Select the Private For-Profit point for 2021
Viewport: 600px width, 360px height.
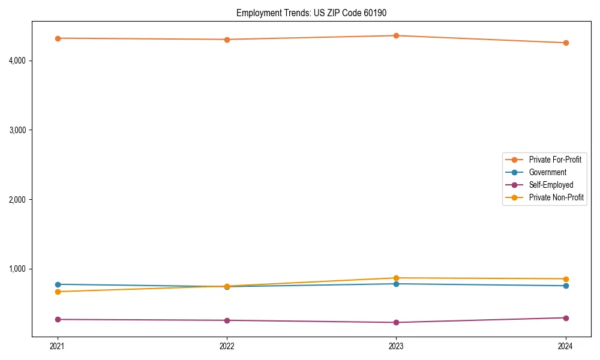click(58, 38)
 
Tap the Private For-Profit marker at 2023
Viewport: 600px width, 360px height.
click(397, 35)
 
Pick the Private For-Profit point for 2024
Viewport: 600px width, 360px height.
click(566, 43)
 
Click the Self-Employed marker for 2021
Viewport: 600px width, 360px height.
click(58, 319)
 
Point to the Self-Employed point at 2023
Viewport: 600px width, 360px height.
click(397, 322)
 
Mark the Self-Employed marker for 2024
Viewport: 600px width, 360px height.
click(566, 317)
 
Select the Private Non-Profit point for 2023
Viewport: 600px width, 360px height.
click(397, 278)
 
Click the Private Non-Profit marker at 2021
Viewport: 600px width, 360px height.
click(58, 292)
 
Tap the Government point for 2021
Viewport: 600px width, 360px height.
click(58, 284)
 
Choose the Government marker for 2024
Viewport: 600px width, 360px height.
click(566, 286)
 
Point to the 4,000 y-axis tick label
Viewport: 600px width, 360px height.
click(17, 61)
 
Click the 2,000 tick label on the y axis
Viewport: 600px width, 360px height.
click(17, 199)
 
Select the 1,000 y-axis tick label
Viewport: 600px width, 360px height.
click(17, 269)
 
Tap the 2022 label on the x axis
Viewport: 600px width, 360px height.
click(227, 346)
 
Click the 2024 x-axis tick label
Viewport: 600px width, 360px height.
click(566, 346)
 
